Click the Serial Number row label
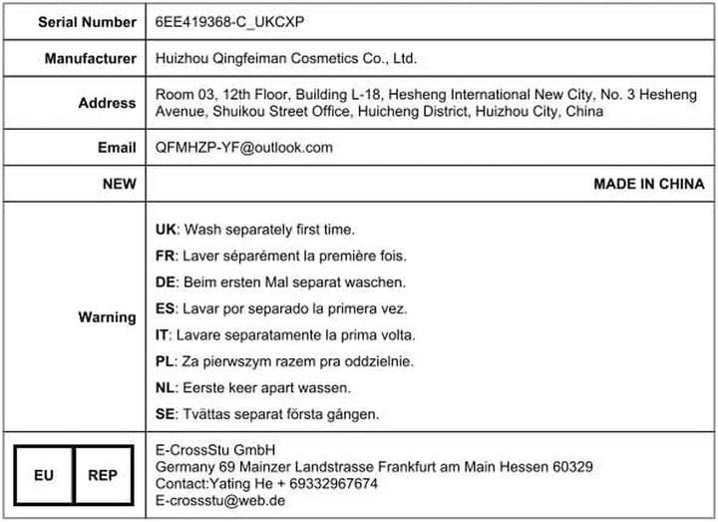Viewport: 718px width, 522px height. [x=88, y=22]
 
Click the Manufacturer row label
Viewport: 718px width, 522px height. [x=91, y=59]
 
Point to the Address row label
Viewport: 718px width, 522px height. [x=108, y=103]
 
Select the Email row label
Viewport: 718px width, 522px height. [x=117, y=148]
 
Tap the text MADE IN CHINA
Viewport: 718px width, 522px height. [x=648, y=184]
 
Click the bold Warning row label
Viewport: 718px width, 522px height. [x=107, y=317]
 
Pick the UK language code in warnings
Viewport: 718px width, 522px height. [x=167, y=229]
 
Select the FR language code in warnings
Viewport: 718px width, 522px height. [x=166, y=256]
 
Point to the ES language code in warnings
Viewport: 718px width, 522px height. [x=166, y=308]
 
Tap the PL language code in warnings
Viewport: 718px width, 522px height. [x=166, y=360]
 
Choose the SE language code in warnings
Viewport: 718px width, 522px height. [x=166, y=413]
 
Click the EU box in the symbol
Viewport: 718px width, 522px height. [x=44, y=475]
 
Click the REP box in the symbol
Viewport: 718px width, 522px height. [x=102, y=475]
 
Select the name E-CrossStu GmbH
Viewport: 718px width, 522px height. [x=215, y=449]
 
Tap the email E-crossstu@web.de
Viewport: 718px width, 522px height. [x=220, y=500]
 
